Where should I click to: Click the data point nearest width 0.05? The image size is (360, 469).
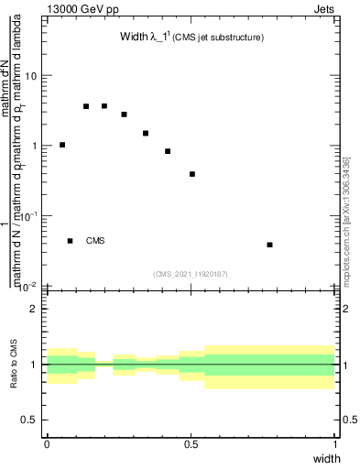[x=62, y=145]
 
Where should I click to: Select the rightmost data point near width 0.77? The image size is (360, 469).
[x=269, y=245]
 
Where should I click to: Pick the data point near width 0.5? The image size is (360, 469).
[x=192, y=174]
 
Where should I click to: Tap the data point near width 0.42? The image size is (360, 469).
[x=168, y=151]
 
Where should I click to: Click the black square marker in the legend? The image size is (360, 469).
[x=71, y=241]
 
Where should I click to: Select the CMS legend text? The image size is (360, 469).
[x=95, y=241]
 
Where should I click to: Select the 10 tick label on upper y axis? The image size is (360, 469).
[x=31, y=76]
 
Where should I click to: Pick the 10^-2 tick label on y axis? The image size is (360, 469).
[x=27, y=286]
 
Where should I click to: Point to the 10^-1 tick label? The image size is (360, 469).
[x=27, y=216]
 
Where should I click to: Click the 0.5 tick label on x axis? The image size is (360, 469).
[x=191, y=444]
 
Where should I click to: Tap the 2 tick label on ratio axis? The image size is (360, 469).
[x=35, y=309]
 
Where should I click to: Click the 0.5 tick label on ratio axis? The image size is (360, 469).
[x=30, y=420]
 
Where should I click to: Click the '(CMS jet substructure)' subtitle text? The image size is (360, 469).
[x=219, y=38]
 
